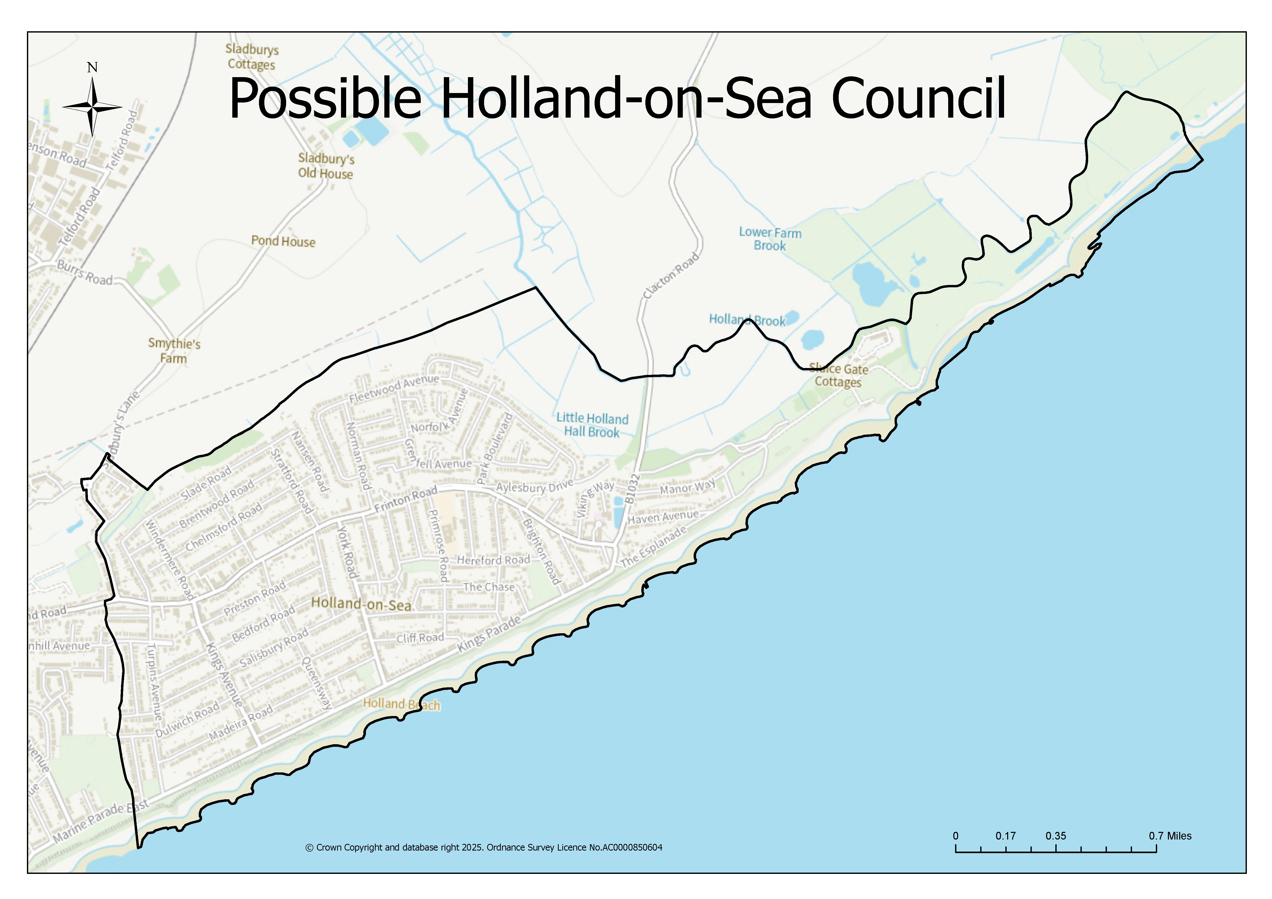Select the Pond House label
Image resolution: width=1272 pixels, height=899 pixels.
coord(283,241)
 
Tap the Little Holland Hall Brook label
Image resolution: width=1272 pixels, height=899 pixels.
coord(592,425)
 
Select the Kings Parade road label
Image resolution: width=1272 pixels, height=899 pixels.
coord(489,633)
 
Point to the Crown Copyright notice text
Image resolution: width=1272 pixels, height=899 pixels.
coord(484,847)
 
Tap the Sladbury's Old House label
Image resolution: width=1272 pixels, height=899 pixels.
coord(326,166)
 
